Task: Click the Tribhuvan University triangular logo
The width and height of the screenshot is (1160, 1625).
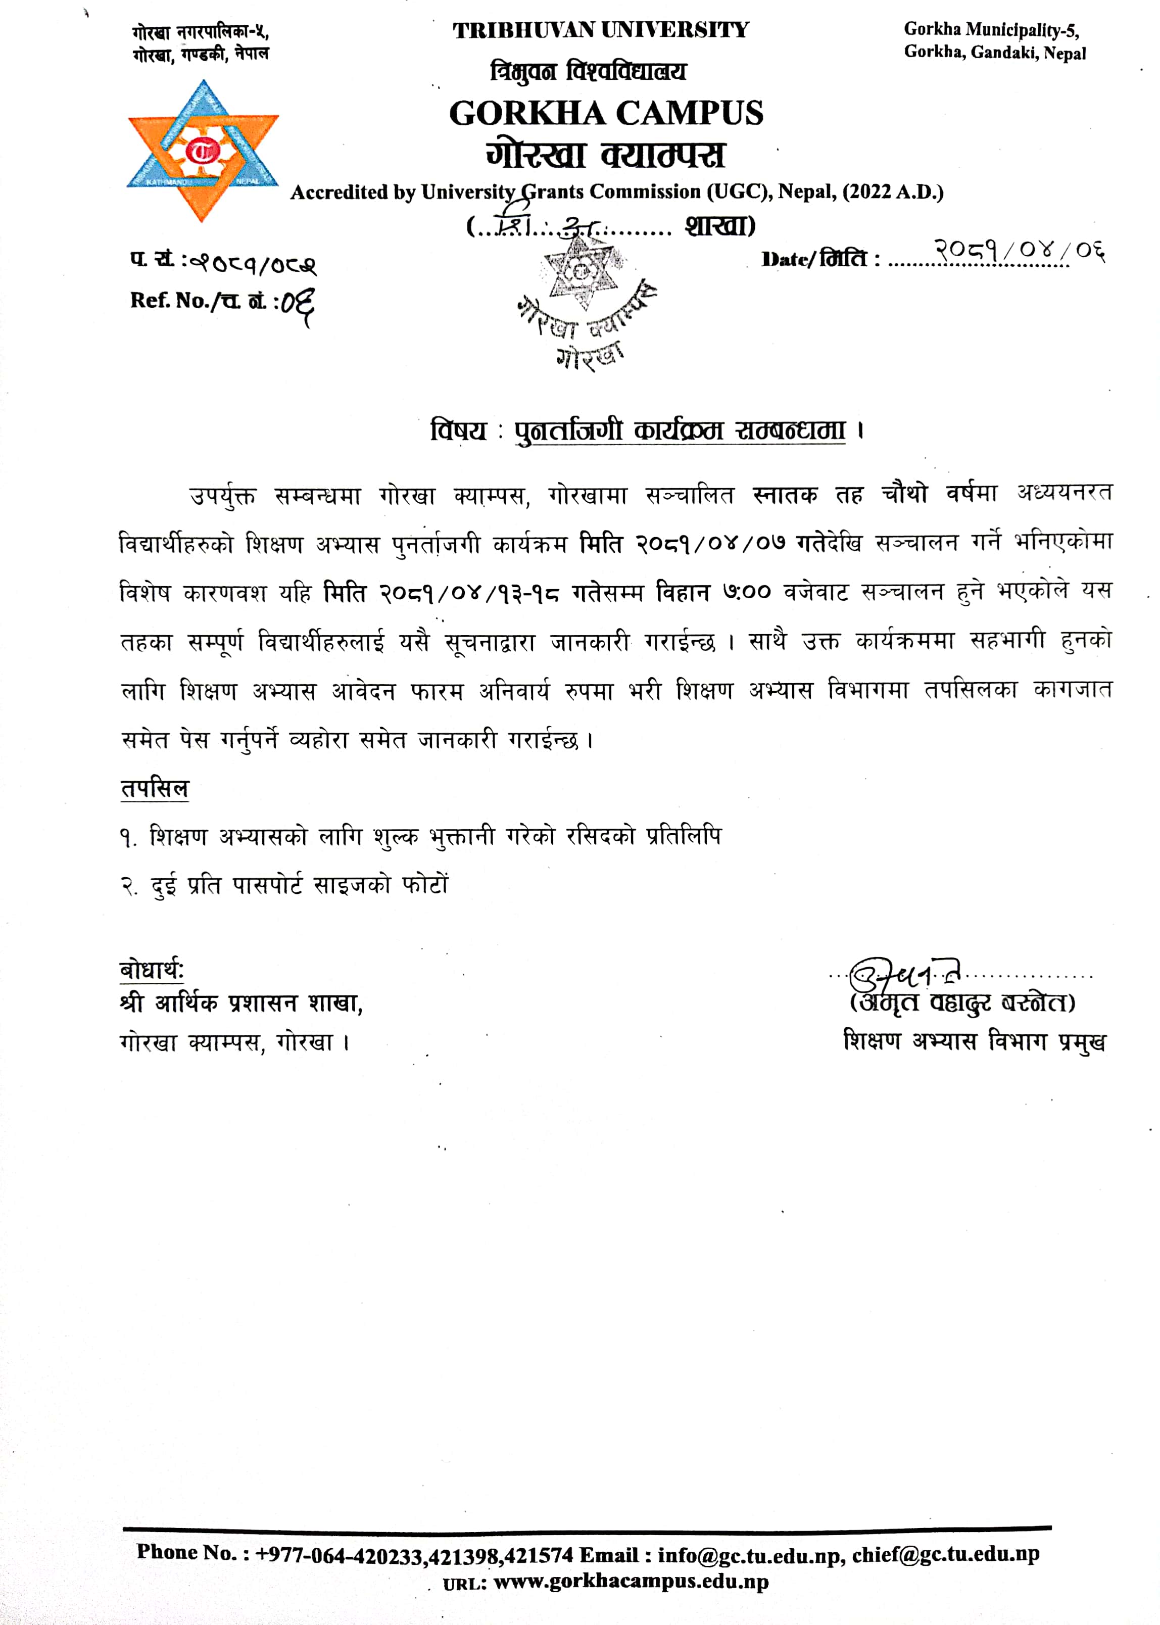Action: [x=203, y=150]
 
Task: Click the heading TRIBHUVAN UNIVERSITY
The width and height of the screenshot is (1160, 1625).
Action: [x=601, y=31]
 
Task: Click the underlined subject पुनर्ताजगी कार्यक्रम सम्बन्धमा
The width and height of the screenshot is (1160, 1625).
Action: [x=680, y=431]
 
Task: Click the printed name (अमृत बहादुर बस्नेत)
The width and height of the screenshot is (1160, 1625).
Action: [x=962, y=1003]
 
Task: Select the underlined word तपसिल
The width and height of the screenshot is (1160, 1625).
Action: [x=154, y=789]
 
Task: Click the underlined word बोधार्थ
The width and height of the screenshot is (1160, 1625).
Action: [x=152, y=970]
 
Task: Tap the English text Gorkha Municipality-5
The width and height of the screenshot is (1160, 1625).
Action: [x=991, y=30]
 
